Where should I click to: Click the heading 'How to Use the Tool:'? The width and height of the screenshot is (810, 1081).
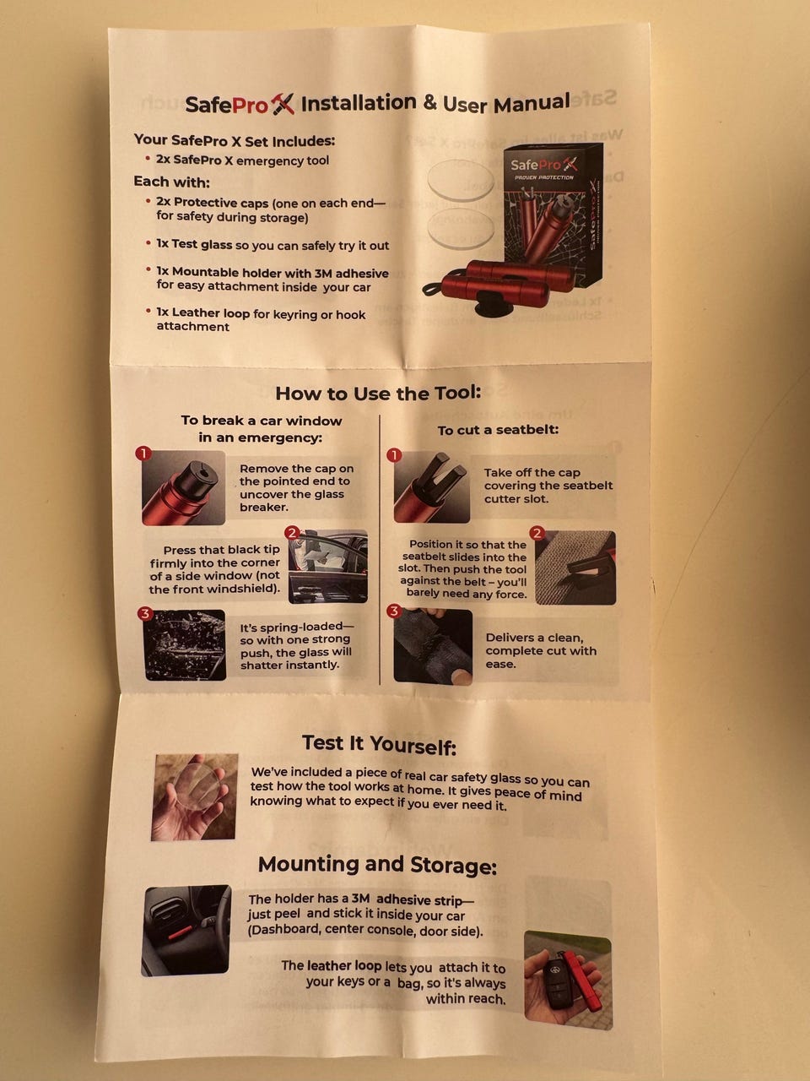click(378, 393)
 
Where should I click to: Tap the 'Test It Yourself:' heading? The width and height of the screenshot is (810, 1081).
click(379, 744)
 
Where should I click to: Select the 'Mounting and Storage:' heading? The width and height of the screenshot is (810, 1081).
click(377, 865)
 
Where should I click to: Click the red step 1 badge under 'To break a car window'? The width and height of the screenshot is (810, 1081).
click(143, 453)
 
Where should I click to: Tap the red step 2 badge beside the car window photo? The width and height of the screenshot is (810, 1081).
click(292, 533)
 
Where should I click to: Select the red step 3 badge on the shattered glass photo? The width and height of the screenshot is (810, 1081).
click(145, 614)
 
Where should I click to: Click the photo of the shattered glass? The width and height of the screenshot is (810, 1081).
click(185, 644)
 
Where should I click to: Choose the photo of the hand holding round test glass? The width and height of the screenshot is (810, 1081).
click(194, 796)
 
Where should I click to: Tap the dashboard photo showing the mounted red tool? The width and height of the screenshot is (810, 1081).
click(186, 930)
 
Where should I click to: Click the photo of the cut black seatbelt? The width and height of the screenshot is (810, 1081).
click(433, 647)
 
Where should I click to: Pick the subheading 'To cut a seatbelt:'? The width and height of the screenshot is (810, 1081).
click(498, 430)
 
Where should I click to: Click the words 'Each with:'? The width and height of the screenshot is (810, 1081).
click(171, 182)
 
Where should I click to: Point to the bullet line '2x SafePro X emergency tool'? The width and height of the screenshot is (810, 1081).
click(242, 160)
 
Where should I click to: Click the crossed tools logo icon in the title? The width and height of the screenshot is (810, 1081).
click(283, 104)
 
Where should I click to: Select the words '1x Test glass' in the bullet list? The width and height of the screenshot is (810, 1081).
click(194, 245)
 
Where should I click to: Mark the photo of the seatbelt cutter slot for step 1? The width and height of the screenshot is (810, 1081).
click(432, 486)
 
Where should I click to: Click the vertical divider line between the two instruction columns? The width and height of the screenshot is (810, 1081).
click(380, 550)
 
